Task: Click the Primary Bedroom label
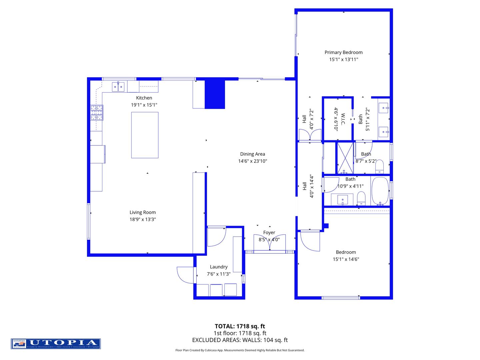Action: point(343,52)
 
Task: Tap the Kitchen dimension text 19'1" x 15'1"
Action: point(144,105)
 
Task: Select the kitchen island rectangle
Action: point(145,135)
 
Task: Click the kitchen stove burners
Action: point(97,113)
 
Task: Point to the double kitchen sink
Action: point(118,87)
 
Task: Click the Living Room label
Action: point(142,212)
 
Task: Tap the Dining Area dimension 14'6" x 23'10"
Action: point(252,161)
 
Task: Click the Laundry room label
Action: point(219,267)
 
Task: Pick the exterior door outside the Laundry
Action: point(186,275)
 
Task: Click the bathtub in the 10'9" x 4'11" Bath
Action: point(380,191)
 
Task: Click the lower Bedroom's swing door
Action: point(310,241)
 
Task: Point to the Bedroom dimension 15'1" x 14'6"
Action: point(346,259)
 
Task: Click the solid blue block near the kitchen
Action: point(215,94)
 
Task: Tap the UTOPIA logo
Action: point(56,344)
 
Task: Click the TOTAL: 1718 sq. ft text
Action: point(240,326)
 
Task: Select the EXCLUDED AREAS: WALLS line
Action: point(240,340)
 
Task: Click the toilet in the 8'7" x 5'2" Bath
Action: point(380,167)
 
